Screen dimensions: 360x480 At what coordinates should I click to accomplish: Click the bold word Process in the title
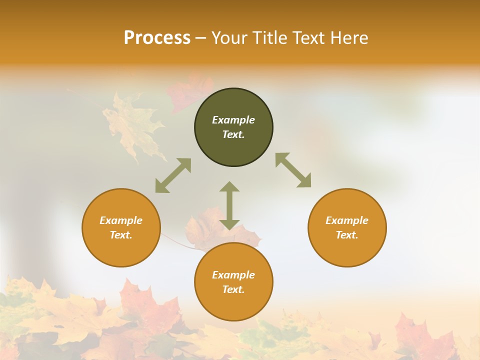point(157,38)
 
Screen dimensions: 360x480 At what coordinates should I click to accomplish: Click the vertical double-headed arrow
point(229,205)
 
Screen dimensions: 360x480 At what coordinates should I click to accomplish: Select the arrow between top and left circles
point(173,175)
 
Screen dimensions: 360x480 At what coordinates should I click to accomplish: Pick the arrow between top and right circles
point(293,170)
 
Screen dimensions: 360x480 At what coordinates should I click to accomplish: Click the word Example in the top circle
point(233,120)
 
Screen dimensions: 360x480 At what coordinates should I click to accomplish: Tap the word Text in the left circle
point(121,235)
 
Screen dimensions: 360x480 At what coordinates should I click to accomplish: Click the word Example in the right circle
point(347,220)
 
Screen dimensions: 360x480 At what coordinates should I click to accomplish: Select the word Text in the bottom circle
point(233,289)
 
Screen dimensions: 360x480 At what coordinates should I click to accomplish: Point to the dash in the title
point(200,38)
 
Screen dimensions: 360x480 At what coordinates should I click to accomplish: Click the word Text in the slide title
point(310,38)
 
